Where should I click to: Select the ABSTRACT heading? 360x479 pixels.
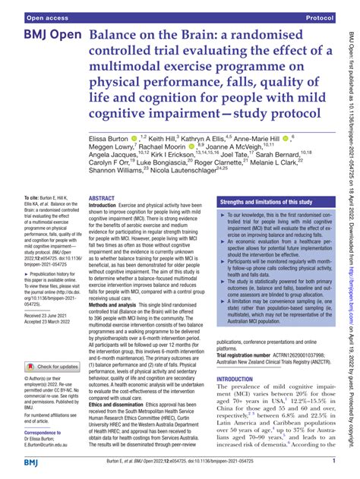[x=102, y=197]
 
